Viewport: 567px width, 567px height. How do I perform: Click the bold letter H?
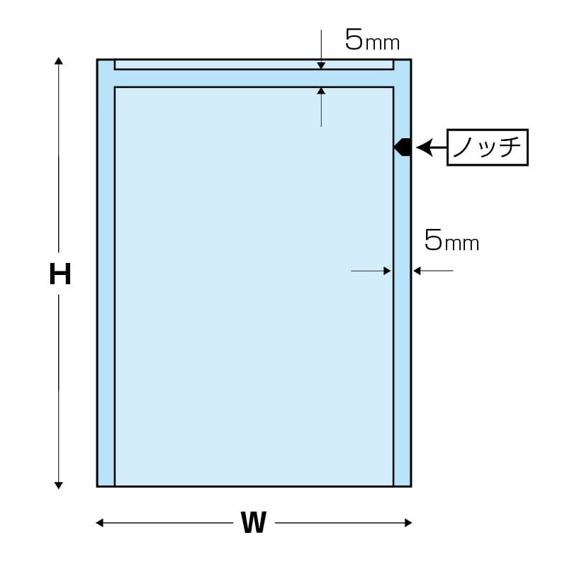click(60, 274)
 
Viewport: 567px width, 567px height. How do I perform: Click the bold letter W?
click(254, 522)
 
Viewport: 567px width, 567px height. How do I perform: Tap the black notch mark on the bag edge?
click(403, 147)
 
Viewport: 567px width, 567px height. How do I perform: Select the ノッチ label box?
click(488, 147)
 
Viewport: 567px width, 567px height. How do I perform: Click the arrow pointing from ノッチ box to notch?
click(432, 147)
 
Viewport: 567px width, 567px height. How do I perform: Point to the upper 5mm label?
click(372, 40)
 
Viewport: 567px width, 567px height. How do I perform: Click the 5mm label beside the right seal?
click(451, 240)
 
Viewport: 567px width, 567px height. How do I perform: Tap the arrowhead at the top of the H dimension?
click(59, 60)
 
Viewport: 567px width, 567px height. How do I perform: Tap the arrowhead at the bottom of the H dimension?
click(59, 485)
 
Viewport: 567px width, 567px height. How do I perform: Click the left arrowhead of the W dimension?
click(99, 522)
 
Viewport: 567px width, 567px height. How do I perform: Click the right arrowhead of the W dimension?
click(408, 522)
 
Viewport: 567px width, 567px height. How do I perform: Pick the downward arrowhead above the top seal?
click(321, 66)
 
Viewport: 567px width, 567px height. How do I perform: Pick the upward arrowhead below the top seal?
click(321, 91)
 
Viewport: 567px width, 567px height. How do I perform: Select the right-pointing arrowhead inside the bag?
click(387, 271)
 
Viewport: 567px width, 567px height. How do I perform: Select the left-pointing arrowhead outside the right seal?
click(417, 271)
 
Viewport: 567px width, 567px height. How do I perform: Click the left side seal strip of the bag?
click(106, 273)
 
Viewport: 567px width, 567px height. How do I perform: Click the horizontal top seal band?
click(254, 78)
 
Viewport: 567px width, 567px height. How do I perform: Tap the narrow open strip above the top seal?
click(254, 64)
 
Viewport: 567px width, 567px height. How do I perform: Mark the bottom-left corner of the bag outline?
click(97, 486)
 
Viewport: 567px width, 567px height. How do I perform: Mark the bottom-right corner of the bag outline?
click(411, 486)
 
